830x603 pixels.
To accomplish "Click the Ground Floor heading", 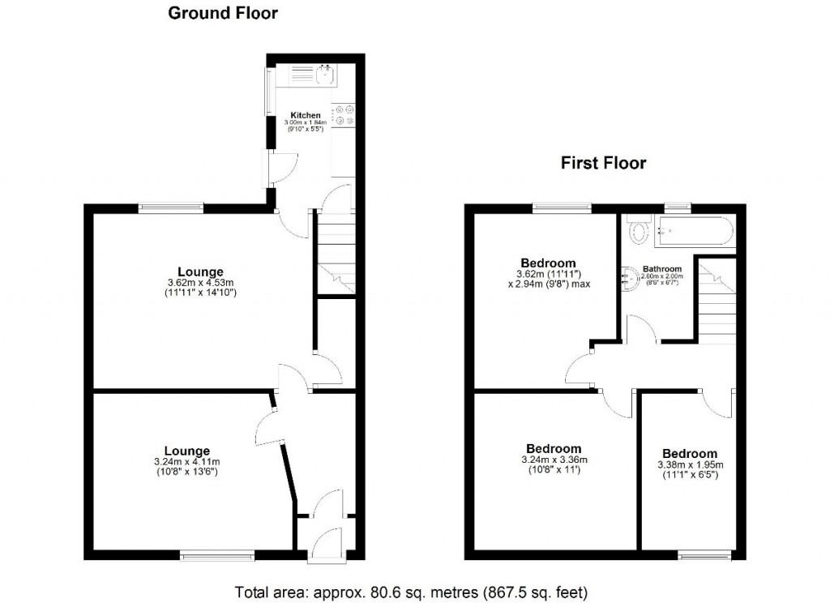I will [222, 13].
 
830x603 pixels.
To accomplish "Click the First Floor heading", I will [603, 163].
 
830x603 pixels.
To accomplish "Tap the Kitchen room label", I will [306, 116].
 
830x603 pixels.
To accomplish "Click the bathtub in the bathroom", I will [696, 231].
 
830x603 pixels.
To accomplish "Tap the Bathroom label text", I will [662, 268].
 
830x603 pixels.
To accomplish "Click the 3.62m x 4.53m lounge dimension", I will [201, 282].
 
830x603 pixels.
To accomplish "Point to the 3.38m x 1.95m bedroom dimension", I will [689, 465].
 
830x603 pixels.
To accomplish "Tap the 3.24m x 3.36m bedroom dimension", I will [554, 460].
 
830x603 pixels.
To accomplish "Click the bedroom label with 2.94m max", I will [548, 263].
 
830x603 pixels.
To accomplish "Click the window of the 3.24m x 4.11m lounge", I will [216, 555].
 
